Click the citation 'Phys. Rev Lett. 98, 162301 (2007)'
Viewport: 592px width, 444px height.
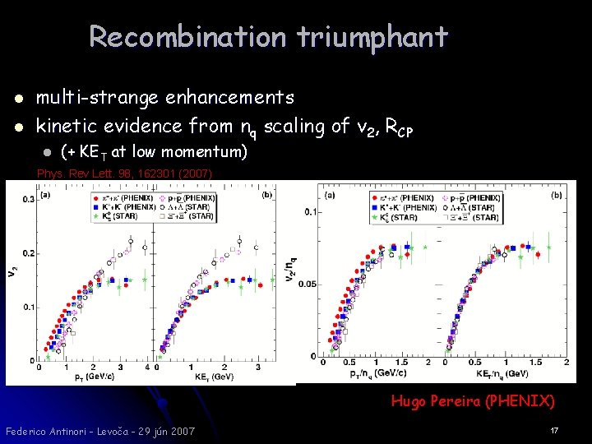coord(124,173)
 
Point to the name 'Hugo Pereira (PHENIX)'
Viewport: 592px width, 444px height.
coord(473,401)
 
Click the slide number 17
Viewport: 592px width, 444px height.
coord(554,430)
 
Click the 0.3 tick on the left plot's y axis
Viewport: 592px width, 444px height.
coord(29,199)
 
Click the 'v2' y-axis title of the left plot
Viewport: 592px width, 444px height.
coord(12,269)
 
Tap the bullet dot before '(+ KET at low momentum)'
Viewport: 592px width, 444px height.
coord(47,153)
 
